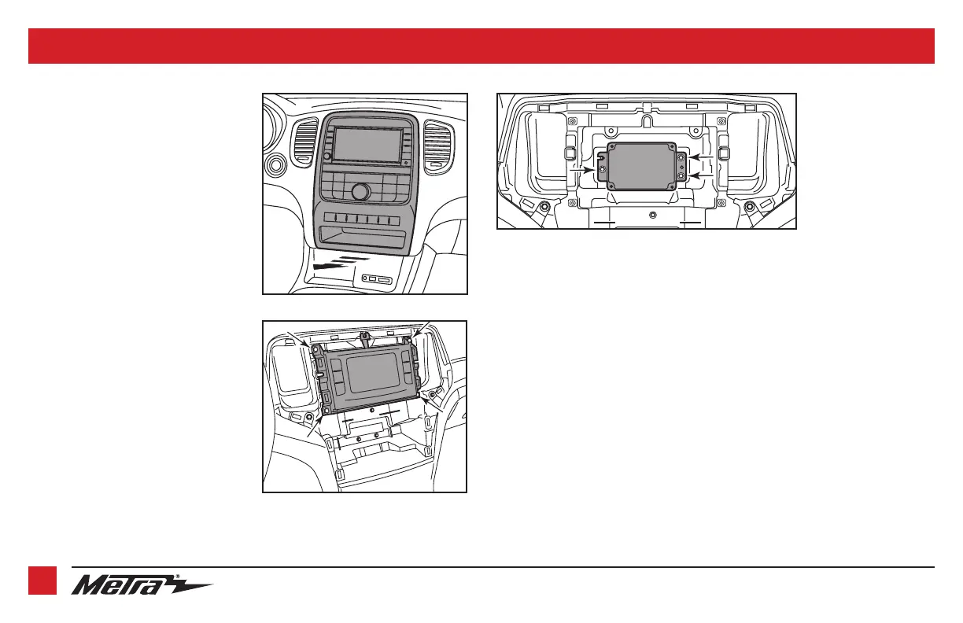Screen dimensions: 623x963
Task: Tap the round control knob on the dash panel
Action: [x=361, y=191]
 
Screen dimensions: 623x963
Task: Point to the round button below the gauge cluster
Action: [x=277, y=167]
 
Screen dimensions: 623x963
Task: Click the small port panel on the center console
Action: [x=377, y=279]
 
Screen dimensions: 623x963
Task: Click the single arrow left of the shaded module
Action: [x=585, y=168]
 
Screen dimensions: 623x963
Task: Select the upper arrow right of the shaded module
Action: [x=703, y=158]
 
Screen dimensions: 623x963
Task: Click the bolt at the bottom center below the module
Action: [x=651, y=214]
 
